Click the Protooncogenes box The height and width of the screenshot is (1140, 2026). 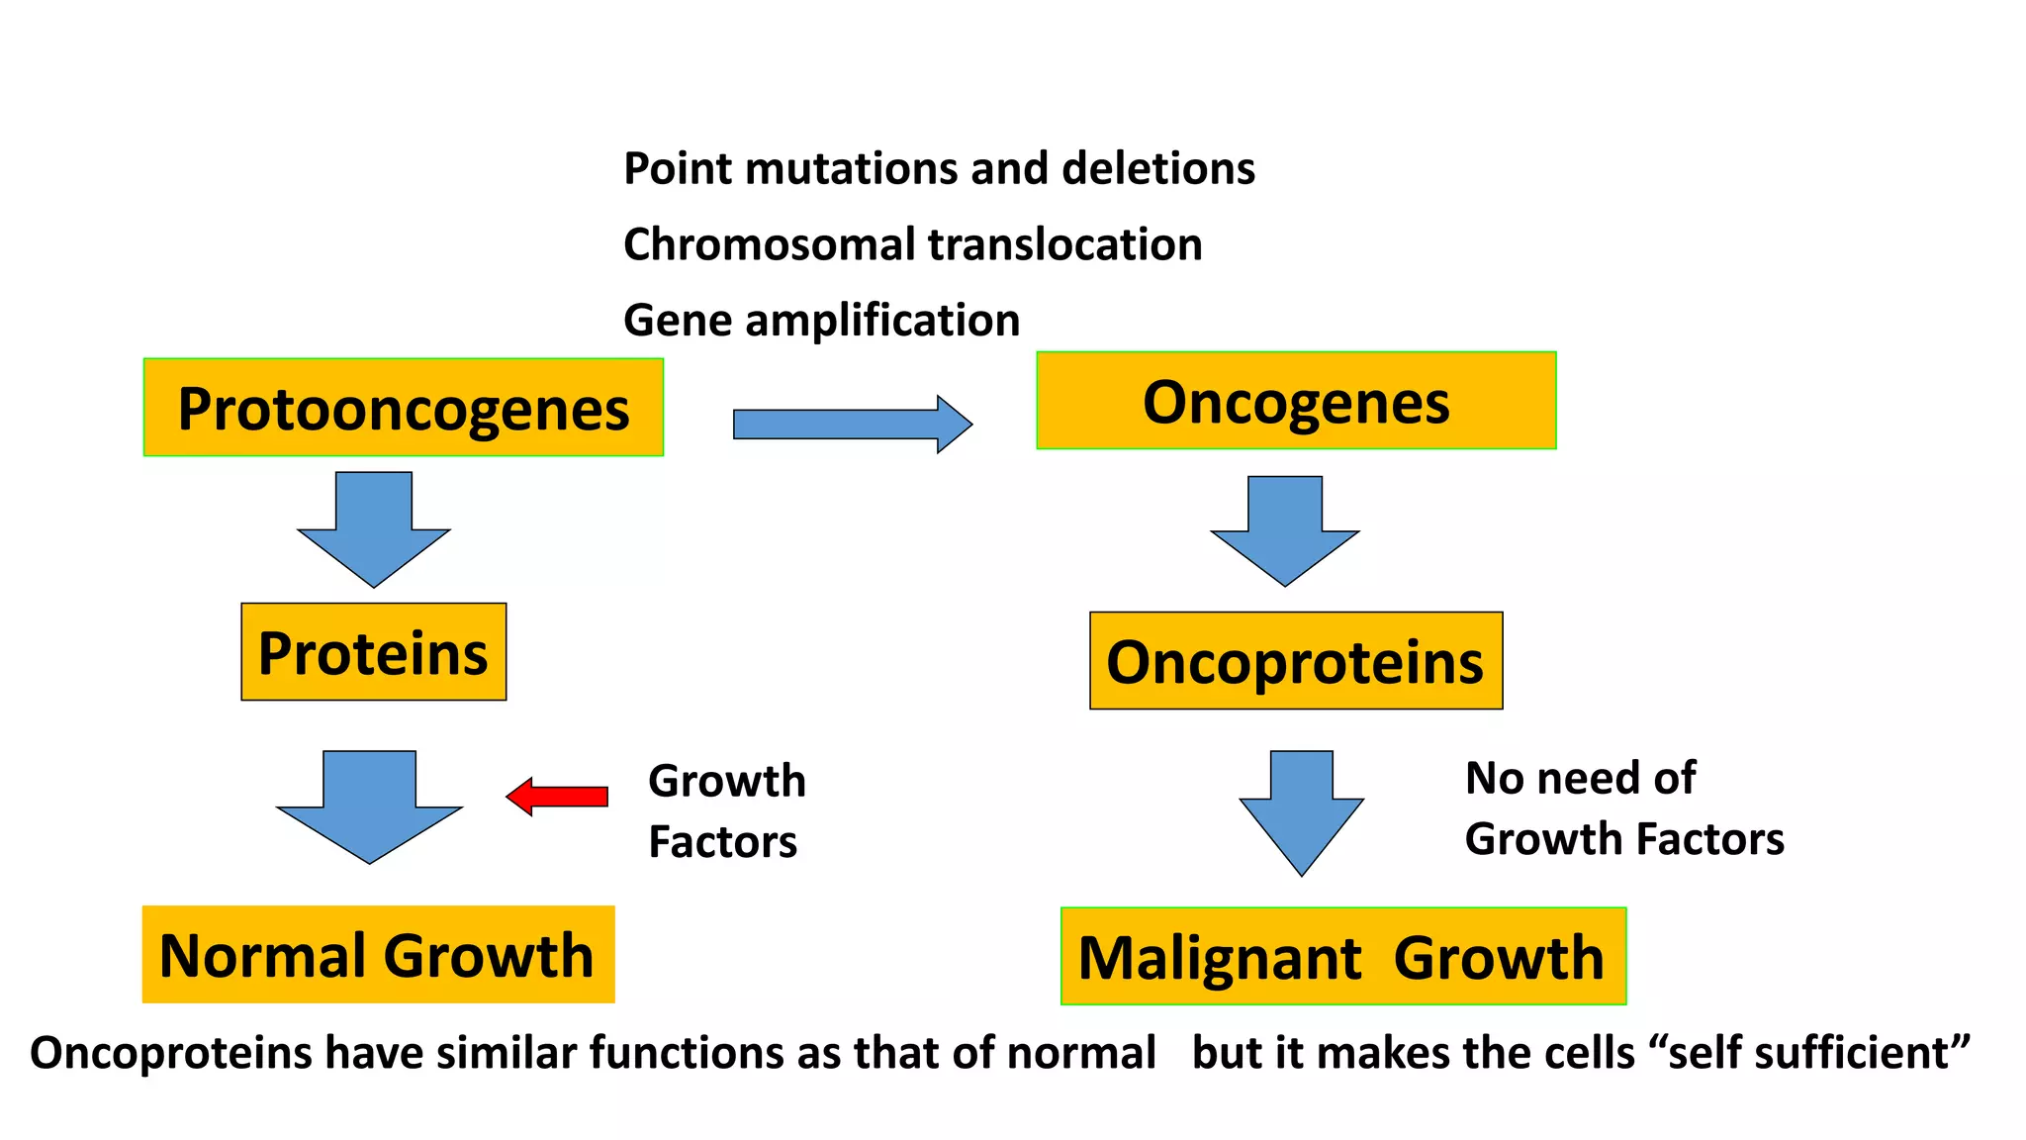point(403,408)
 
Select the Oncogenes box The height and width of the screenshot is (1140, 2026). point(1296,401)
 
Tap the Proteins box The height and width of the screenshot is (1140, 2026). point(373,652)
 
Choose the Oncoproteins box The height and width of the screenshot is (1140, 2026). point(1296,661)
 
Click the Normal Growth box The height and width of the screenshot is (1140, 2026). point(378,955)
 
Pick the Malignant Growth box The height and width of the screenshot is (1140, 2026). point(1342,957)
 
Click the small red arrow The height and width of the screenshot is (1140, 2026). point(559,796)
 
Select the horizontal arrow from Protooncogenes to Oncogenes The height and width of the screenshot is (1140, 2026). point(851,425)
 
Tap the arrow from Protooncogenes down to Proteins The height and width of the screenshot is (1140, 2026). point(374,529)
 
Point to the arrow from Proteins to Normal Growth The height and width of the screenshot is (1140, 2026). point(370,805)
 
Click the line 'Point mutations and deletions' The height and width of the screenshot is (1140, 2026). point(939,168)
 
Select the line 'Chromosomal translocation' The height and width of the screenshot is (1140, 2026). point(912,244)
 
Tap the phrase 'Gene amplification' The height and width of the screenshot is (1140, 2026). point(821,321)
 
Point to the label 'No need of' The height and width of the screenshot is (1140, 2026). point(1580,778)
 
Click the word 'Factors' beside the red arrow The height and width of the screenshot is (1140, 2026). point(722,842)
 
